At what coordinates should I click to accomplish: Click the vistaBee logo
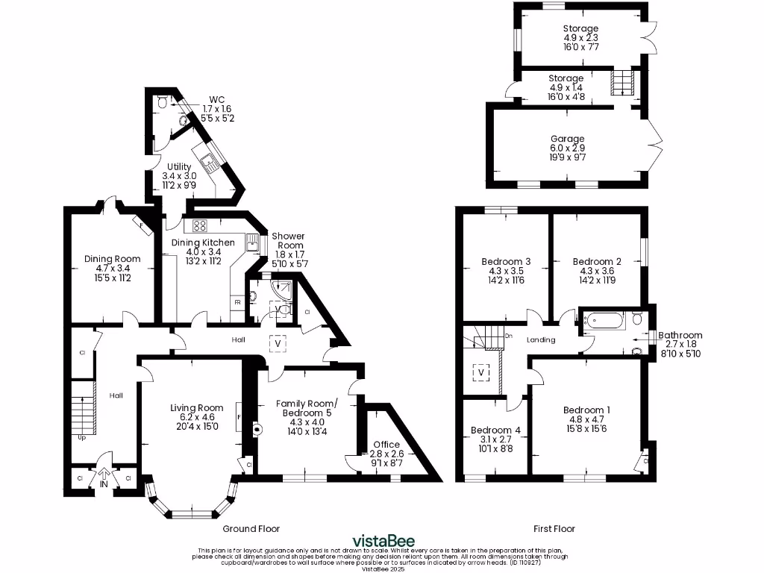point(383,541)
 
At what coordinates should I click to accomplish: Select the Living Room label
point(192,407)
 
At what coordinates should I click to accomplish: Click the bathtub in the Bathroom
point(604,321)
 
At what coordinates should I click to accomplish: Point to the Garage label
point(569,139)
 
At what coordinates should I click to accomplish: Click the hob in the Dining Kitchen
point(200,226)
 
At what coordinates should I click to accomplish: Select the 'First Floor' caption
point(554,528)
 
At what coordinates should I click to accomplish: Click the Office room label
point(386,445)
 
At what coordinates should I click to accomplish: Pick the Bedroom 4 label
point(495,430)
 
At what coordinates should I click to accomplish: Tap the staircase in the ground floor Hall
point(84,407)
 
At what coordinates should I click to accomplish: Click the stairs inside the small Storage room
point(621,83)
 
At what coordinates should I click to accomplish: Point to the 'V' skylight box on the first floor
point(481,371)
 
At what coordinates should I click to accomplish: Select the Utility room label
point(180,166)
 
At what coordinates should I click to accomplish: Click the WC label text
point(216,99)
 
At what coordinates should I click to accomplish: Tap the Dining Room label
point(112,259)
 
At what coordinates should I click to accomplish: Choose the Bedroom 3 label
point(506,261)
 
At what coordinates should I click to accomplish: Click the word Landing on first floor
point(541,339)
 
